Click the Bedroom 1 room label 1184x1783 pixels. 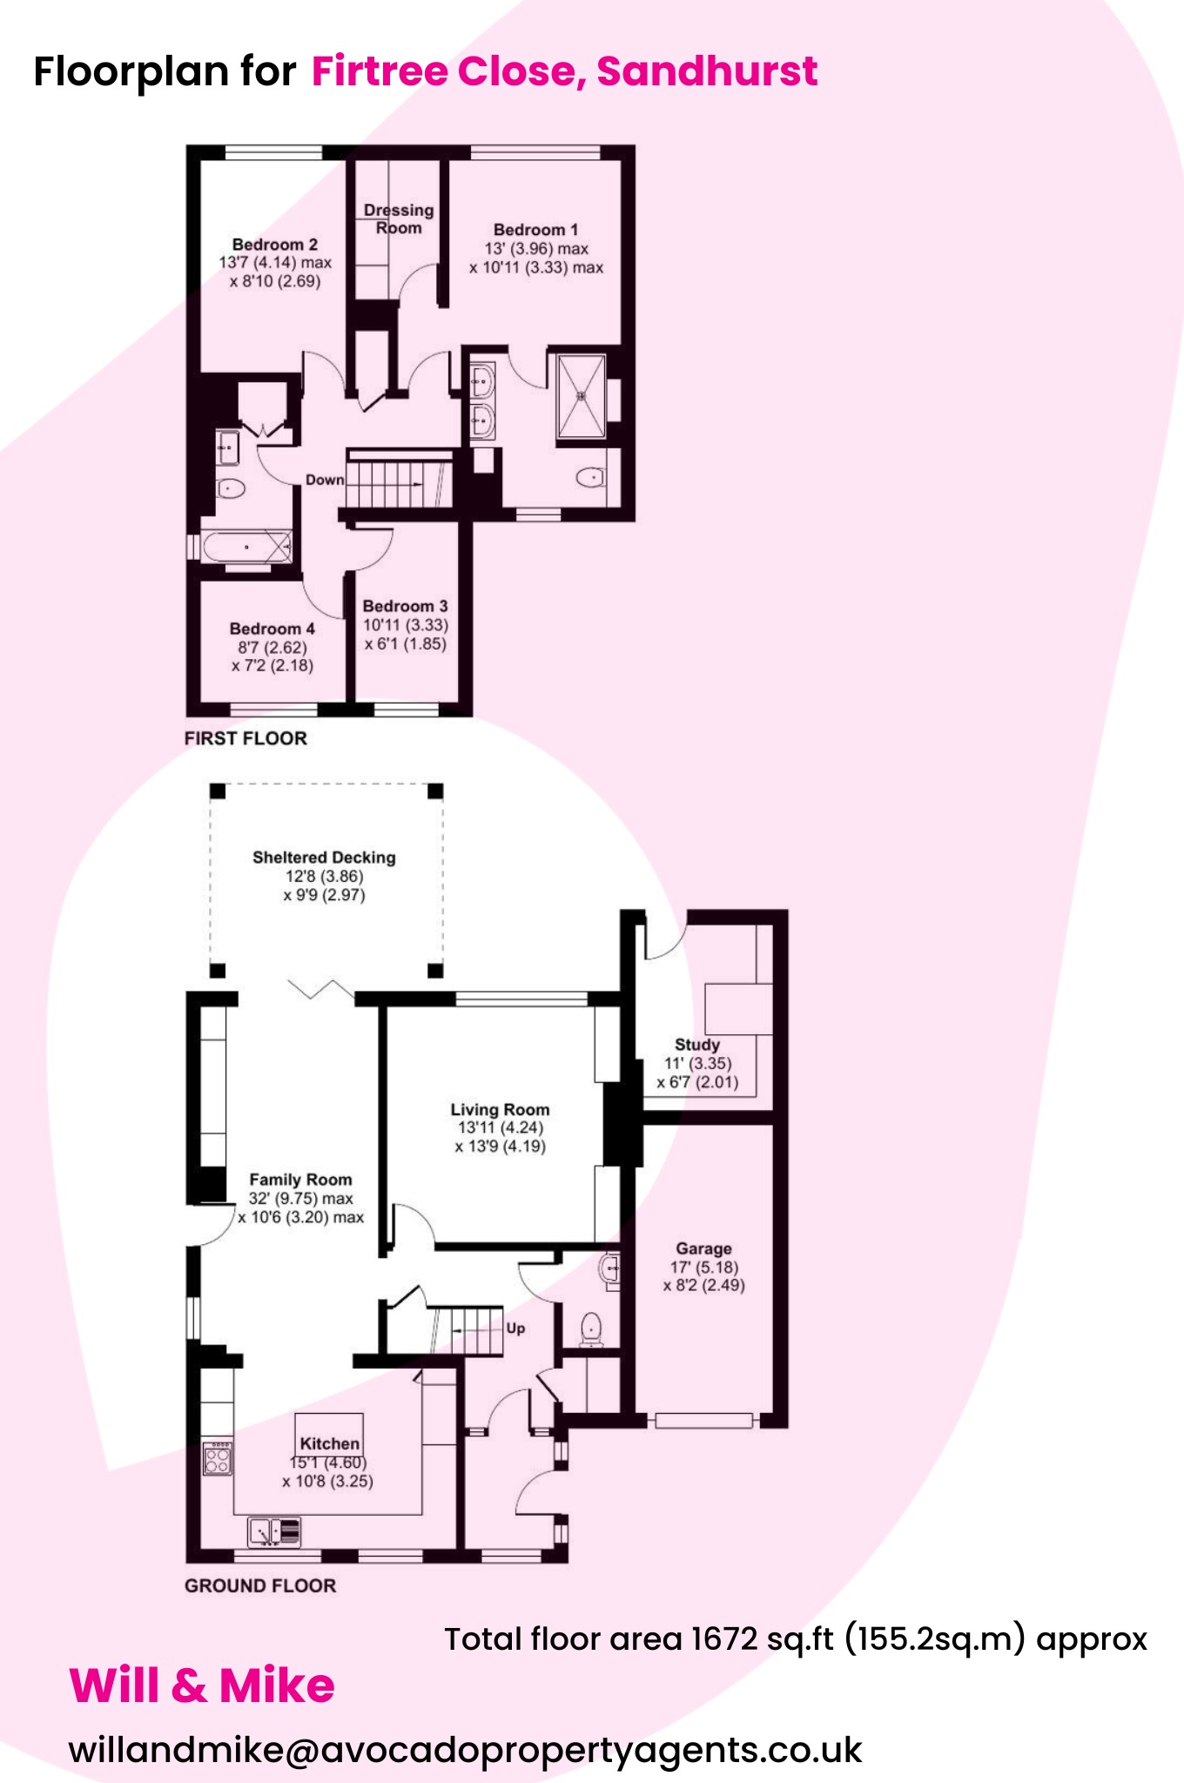point(535,230)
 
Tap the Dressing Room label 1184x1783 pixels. point(399,219)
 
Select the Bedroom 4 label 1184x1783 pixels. point(272,629)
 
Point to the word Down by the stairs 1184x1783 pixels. point(325,480)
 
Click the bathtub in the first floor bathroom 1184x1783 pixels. point(246,547)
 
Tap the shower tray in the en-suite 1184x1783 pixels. point(581,396)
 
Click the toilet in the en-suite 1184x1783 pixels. point(591,477)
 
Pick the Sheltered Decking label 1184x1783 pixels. point(324,858)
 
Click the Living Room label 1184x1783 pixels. point(500,1110)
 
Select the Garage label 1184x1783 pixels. point(703,1248)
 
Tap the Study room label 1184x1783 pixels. point(697,1045)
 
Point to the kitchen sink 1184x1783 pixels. point(274,1531)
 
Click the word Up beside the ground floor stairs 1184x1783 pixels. point(515,1329)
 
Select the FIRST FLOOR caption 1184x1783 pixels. point(246,738)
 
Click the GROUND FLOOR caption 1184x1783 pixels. point(260,1585)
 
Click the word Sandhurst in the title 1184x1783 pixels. point(707,71)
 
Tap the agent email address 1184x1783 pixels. point(466,1750)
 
